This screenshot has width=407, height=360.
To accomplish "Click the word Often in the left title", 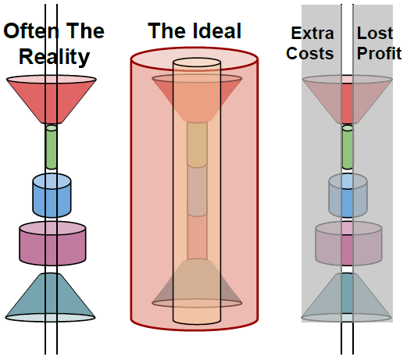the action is click(x=31, y=30).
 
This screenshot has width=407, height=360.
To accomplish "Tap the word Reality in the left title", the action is click(x=54, y=56).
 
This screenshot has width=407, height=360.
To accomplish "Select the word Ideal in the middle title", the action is click(x=217, y=30).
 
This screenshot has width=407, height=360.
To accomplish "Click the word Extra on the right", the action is click(x=312, y=33).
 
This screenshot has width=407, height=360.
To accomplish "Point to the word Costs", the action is click(x=310, y=53).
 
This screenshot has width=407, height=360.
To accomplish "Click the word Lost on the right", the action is click(x=375, y=33).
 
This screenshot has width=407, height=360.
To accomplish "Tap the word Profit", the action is click(x=379, y=53).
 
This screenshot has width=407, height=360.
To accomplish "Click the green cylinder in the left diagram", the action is click(x=52, y=147).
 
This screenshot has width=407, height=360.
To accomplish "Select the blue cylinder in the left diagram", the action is click(x=52, y=195).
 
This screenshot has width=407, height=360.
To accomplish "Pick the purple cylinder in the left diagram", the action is click(x=52, y=244).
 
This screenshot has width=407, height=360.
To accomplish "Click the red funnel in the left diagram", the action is click(x=52, y=99).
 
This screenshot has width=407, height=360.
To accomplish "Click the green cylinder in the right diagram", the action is click(x=348, y=147).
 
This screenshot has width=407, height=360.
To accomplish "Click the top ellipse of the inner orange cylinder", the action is click(x=197, y=62).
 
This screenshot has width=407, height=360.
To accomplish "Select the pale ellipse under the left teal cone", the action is click(x=51, y=318).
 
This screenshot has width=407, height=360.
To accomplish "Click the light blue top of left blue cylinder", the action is click(x=52, y=181).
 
